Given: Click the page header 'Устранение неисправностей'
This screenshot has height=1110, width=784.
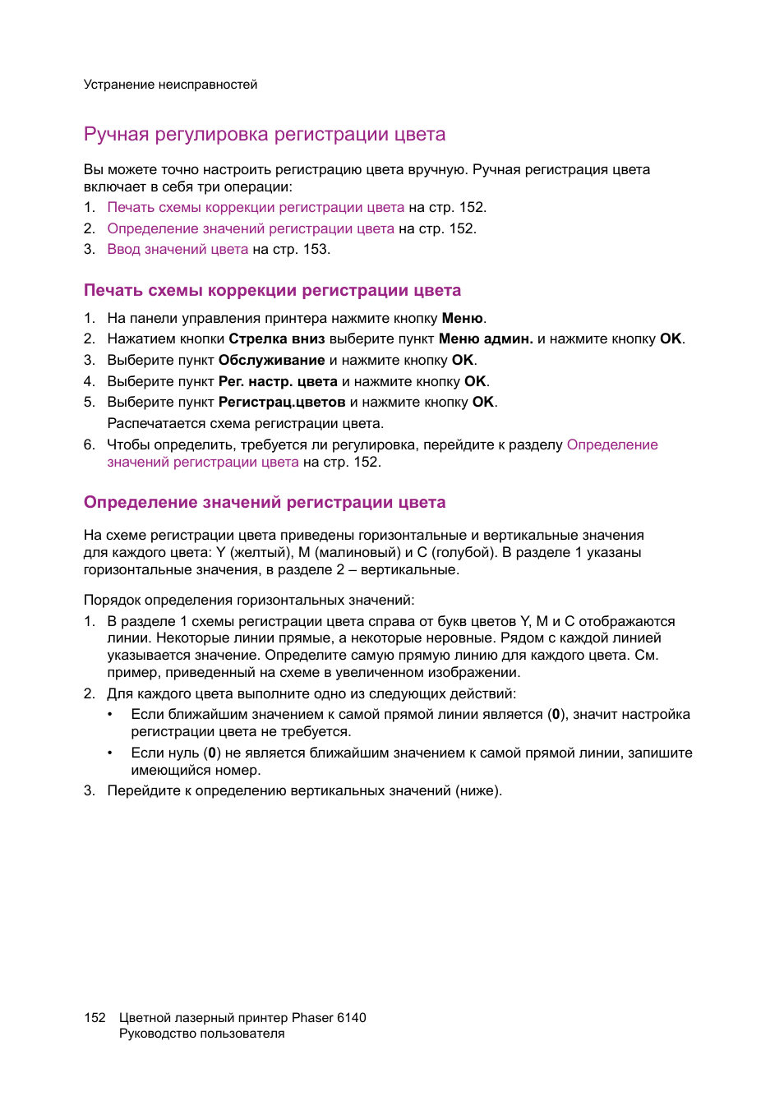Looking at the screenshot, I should [x=170, y=85].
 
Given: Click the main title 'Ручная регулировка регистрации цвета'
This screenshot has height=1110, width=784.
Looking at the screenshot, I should [x=265, y=135].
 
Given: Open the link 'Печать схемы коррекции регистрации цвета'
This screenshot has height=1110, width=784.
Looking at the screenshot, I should [x=256, y=208].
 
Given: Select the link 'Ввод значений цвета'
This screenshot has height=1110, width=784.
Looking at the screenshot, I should [x=178, y=250].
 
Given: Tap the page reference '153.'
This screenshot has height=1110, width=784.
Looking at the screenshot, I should [x=316, y=250].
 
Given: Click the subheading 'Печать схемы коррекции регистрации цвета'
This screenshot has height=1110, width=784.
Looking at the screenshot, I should [x=272, y=291].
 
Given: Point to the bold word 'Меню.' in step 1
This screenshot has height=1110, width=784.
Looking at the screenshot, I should [x=463, y=319].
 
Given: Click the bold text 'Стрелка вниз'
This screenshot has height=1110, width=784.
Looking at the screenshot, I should [x=276, y=339].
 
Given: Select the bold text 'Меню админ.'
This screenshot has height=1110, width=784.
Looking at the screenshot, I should [x=486, y=339].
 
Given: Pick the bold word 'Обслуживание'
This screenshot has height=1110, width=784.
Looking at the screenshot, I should [x=271, y=361].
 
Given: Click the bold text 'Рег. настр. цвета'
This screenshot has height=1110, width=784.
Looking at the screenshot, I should [x=278, y=382].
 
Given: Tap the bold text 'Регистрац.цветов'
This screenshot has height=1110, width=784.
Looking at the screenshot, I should [x=282, y=403].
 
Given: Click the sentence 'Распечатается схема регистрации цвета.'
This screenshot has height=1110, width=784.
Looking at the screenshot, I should [x=246, y=424].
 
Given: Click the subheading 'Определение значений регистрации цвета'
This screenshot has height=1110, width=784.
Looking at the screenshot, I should [x=265, y=503].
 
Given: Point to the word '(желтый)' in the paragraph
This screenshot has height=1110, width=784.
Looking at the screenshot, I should [x=261, y=553].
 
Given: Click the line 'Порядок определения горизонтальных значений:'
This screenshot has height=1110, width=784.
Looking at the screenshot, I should [x=249, y=601].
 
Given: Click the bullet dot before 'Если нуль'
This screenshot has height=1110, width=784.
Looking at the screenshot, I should [x=110, y=753].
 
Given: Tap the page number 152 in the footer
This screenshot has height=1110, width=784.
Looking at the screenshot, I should [x=95, y=1018].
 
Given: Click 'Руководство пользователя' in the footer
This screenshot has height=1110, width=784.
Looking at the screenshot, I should [x=201, y=1034].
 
